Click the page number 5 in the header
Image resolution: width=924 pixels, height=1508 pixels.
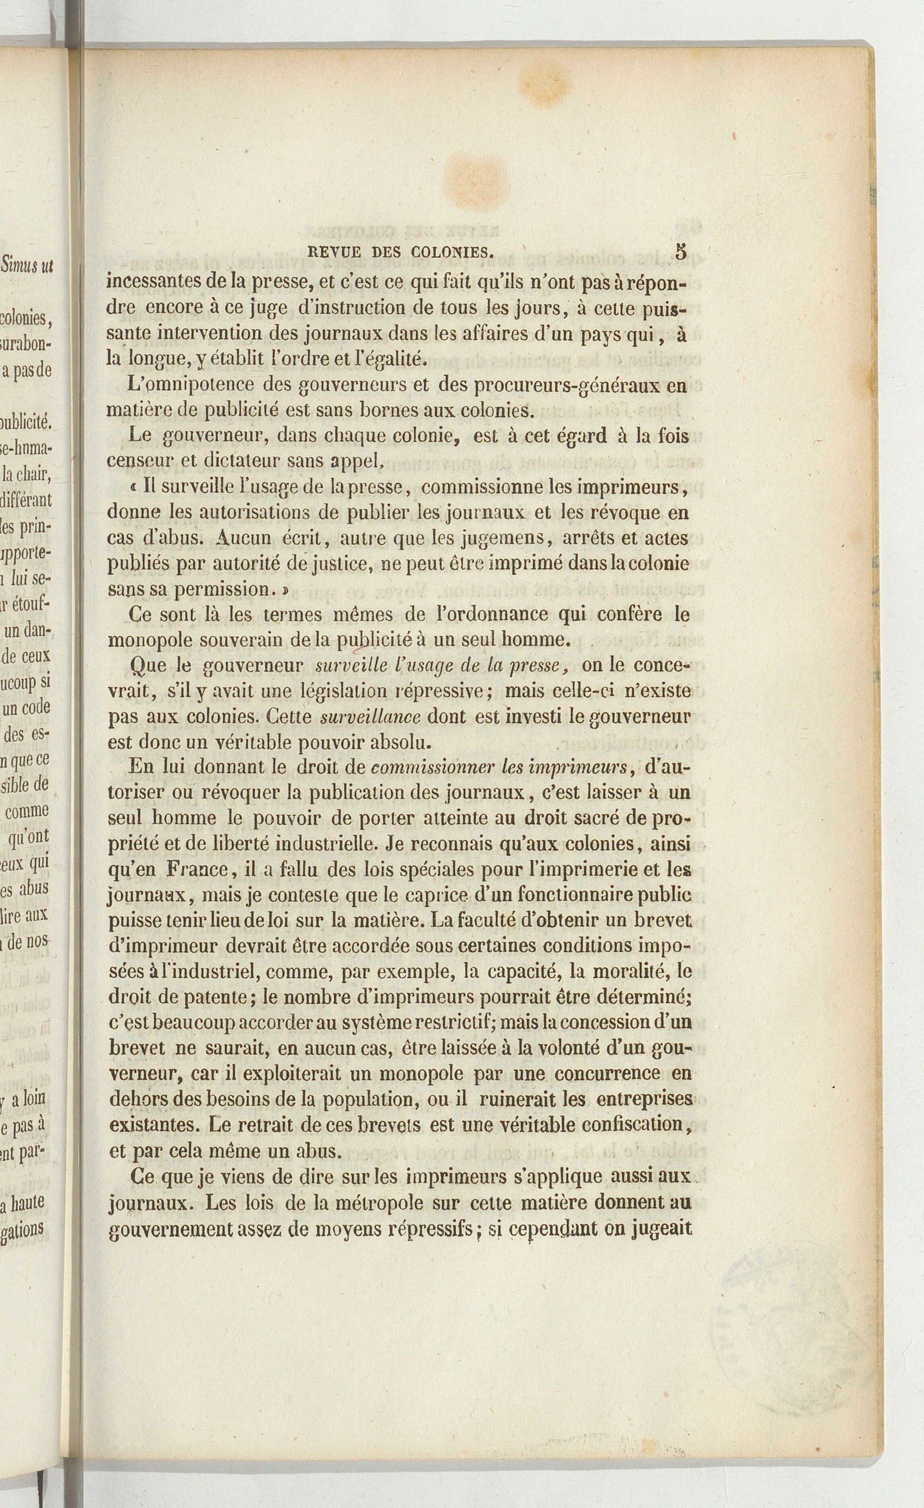[x=681, y=252]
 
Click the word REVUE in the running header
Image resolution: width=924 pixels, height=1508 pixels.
[x=332, y=252]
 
